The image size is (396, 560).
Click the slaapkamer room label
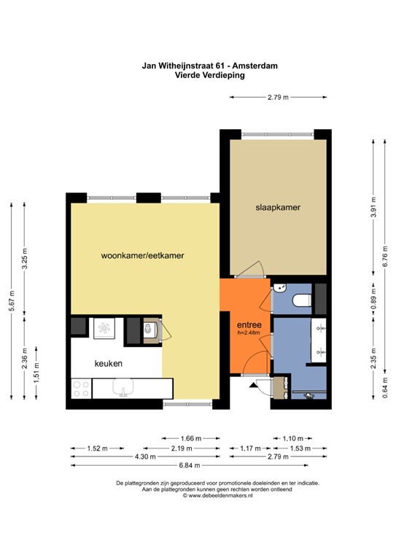[x=278, y=208]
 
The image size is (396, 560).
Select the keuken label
[x=107, y=362]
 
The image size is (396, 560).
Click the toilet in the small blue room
[x=299, y=300]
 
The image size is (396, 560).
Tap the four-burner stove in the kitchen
[x=80, y=389]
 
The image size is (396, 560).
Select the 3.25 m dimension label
[x=25, y=260]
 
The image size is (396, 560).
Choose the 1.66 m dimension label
[x=190, y=437]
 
